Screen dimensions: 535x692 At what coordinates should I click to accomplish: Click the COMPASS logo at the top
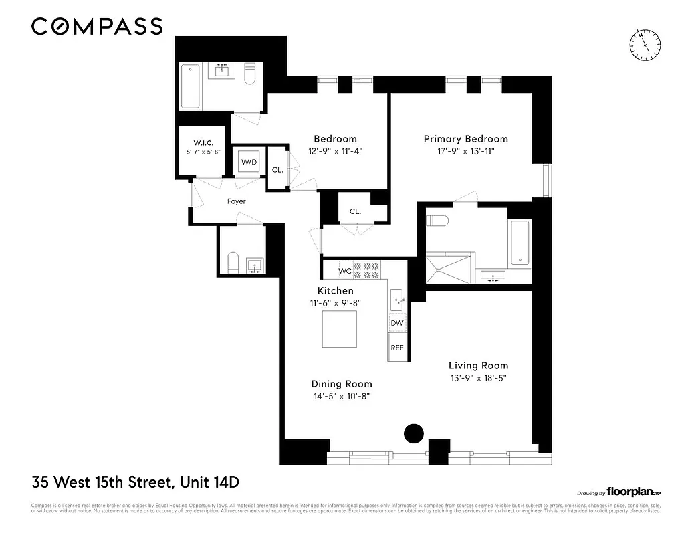click(x=97, y=27)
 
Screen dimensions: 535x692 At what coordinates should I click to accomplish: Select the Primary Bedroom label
click(x=465, y=139)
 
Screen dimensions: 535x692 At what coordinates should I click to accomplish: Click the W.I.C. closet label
click(x=203, y=142)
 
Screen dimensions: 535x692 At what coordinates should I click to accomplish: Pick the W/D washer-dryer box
click(x=249, y=163)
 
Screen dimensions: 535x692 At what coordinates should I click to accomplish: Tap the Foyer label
click(x=236, y=201)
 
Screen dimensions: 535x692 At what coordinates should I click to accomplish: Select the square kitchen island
click(x=339, y=330)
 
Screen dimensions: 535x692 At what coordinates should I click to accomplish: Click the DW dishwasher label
click(x=397, y=323)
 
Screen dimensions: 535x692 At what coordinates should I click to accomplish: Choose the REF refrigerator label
click(x=397, y=348)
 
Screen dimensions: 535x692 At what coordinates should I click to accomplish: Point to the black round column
click(x=415, y=433)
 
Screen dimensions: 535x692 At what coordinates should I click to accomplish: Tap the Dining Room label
click(x=341, y=384)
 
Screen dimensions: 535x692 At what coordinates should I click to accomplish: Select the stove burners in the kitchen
click(x=366, y=270)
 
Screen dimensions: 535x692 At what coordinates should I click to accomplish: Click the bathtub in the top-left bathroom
click(x=191, y=86)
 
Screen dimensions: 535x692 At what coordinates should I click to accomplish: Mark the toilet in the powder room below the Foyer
click(x=233, y=263)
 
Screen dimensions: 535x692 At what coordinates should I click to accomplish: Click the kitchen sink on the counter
click(x=398, y=297)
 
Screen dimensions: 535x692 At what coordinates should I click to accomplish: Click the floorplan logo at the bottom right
click(x=632, y=490)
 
